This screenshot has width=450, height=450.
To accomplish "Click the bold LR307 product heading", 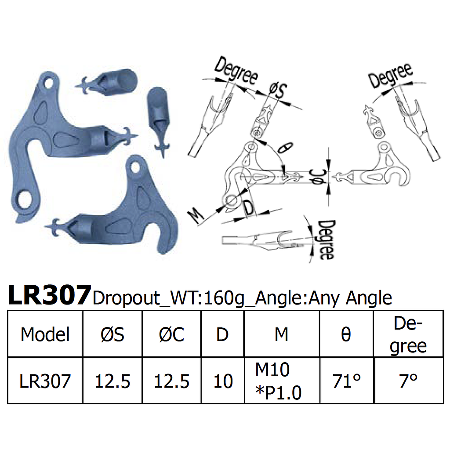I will (49, 295).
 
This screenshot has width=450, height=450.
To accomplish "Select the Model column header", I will (45, 335).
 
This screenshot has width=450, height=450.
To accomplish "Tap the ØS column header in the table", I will (112, 335).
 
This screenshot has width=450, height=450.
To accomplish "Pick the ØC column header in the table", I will (171, 335).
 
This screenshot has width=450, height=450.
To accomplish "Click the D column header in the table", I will (222, 335).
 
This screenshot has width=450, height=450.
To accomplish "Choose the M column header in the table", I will (281, 335).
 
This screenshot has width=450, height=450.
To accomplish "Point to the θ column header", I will (346, 335).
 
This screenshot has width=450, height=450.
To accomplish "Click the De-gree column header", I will (408, 335).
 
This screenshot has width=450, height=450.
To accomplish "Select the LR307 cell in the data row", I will (45, 381).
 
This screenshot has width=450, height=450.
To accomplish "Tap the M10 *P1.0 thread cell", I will (279, 381).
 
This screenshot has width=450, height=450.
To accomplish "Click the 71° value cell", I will (346, 381).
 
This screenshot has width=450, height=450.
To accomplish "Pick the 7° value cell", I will (408, 381).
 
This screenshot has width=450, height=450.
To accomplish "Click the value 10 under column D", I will (223, 381).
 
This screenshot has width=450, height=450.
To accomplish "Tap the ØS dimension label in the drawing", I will (278, 92).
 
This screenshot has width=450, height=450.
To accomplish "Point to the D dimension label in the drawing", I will (248, 207).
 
